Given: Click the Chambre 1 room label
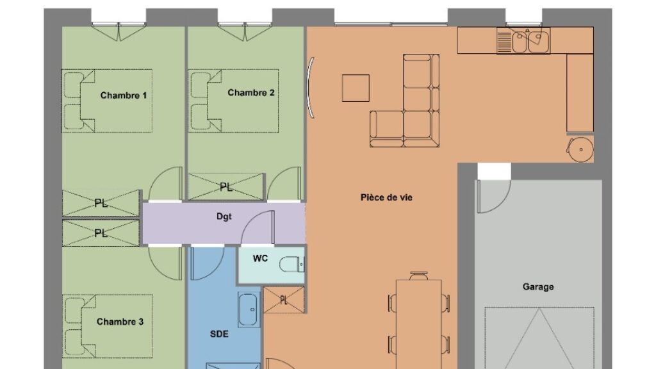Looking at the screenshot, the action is click(x=124, y=95).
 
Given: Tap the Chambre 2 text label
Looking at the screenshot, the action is click(x=251, y=92).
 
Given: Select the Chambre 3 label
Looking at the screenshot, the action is click(x=120, y=322).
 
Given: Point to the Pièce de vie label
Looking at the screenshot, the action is click(x=386, y=197).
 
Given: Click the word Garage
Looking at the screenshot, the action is click(x=538, y=287).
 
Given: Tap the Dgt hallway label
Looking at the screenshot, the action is click(x=224, y=217).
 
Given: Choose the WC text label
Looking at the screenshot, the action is click(x=260, y=259).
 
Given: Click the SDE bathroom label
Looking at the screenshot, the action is click(x=219, y=334).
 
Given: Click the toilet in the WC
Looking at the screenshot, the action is click(x=292, y=264).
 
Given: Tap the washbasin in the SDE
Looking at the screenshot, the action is click(x=249, y=309).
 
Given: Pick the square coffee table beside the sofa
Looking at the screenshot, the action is click(x=356, y=88).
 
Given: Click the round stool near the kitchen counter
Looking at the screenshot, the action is click(x=580, y=149).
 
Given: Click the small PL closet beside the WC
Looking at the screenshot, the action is click(x=284, y=300).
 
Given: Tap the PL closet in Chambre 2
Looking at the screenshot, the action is click(x=226, y=187).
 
